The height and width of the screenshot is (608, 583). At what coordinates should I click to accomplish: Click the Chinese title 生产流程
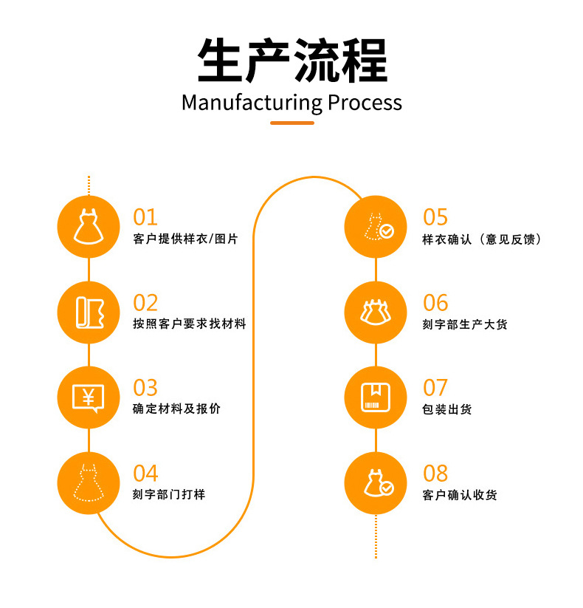click(291, 61)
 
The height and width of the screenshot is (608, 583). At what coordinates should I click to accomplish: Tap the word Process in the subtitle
click(365, 102)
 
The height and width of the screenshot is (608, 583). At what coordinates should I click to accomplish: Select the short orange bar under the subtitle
click(291, 123)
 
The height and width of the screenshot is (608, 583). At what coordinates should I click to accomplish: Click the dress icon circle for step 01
click(89, 226)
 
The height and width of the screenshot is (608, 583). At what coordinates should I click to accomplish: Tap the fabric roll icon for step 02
click(89, 312)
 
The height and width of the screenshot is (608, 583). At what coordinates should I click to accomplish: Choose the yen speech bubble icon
click(89, 397)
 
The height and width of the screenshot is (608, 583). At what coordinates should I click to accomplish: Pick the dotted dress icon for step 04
click(89, 483)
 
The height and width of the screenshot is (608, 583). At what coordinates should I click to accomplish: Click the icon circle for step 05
click(376, 226)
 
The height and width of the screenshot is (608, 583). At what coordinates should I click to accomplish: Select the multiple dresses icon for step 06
click(376, 312)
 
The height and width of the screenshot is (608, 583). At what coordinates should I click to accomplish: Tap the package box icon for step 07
click(376, 397)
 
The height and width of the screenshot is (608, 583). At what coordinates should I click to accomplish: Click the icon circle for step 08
click(376, 483)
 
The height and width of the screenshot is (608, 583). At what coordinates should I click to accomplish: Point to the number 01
click(145, 217)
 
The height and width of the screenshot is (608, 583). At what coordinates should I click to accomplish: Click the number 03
click(145, 388)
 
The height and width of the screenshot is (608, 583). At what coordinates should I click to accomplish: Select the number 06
click(435, 303)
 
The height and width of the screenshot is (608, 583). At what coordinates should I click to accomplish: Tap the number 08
click(435, 474)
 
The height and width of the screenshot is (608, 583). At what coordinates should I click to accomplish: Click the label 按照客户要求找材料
click(189, 324)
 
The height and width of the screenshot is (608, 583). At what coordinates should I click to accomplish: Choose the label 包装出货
click(447, 409)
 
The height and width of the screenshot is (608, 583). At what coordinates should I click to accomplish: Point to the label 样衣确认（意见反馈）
click(482, 239)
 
